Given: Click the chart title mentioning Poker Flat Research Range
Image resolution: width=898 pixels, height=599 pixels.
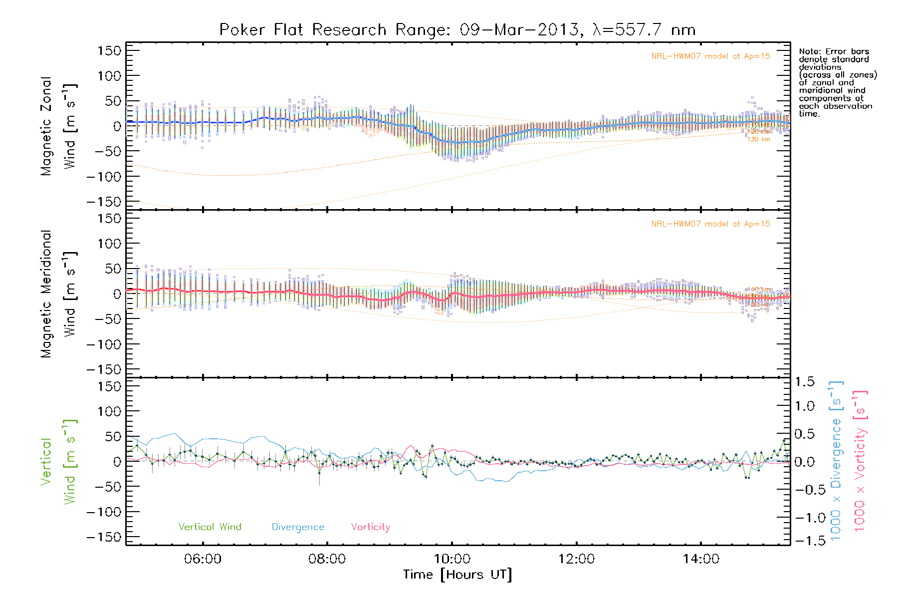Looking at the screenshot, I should (457, 30).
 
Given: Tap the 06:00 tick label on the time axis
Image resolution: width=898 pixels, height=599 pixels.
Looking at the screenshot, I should (203, 559).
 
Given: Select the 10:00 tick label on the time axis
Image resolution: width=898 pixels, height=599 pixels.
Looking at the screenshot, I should (452, 559).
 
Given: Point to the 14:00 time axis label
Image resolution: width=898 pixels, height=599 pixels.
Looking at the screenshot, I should (701, 559).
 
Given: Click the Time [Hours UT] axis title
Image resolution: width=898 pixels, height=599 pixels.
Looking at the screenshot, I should (457, 575).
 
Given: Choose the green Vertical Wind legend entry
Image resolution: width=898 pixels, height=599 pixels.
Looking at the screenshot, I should (210, 527).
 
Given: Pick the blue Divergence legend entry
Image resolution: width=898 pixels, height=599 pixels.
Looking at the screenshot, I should (298, 527).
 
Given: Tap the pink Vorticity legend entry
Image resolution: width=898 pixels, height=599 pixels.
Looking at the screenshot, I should (370, 527).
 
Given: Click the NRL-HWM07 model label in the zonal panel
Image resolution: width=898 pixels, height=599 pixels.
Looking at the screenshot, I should (710, 56).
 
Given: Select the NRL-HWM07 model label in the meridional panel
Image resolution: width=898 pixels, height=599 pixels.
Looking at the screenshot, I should (710, 224).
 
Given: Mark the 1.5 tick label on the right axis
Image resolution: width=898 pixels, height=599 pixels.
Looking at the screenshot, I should (805, 382).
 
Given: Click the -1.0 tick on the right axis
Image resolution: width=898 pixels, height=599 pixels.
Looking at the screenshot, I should (805, 518).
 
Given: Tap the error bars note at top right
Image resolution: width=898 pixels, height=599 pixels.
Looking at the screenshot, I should (837, 82).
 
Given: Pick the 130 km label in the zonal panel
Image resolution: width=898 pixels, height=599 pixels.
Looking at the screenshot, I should (758, 139).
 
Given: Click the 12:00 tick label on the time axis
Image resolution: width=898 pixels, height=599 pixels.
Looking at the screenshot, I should (576, 559).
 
